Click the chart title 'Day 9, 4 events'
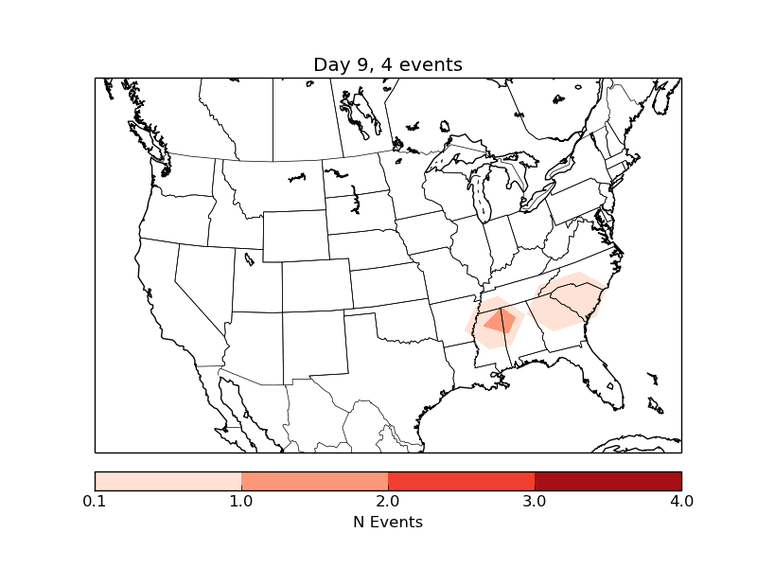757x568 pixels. coord(388,65)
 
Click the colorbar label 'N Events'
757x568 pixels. coord(388,522)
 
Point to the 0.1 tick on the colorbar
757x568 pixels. coord(95,500)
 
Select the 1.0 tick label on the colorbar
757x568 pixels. coord(241,500)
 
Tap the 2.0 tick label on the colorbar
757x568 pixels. coord(388,500)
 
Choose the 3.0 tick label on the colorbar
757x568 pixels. coord(535,500)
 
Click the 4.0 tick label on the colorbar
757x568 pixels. coord(681,500)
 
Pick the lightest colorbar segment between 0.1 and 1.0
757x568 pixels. coord(167,481)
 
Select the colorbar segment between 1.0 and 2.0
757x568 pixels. coord(314,481)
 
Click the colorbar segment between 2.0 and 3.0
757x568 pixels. coord(461,481)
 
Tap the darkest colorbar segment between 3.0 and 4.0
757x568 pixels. coord(607,481)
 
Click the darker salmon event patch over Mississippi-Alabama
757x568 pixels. coord(502,322)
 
